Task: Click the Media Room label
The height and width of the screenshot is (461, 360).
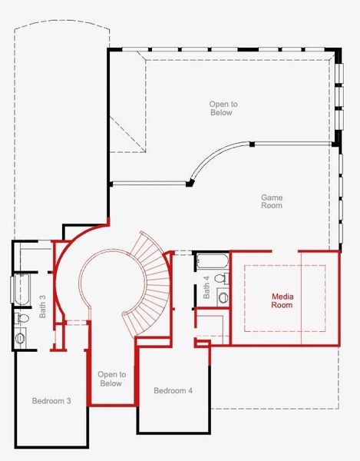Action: click(282, 300)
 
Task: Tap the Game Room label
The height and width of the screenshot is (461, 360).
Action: click(272, 201)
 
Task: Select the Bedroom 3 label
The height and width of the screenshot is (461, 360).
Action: click(51, 401)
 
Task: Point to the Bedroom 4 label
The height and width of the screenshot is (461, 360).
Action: click(173, 391)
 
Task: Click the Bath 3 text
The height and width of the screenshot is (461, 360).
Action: click(42, 287)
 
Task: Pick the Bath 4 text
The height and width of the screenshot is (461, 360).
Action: click(207, 287)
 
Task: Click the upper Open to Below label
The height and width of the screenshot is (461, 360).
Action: click(220, 108)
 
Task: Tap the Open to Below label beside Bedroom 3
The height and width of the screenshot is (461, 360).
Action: click(111, 378)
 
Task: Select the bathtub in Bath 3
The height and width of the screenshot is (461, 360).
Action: click(18, 290)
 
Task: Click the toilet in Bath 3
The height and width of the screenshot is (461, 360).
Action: click(21, 317)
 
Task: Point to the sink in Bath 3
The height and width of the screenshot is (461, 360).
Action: click(20, 337)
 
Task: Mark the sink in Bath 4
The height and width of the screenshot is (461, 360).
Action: click(223, 297)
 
